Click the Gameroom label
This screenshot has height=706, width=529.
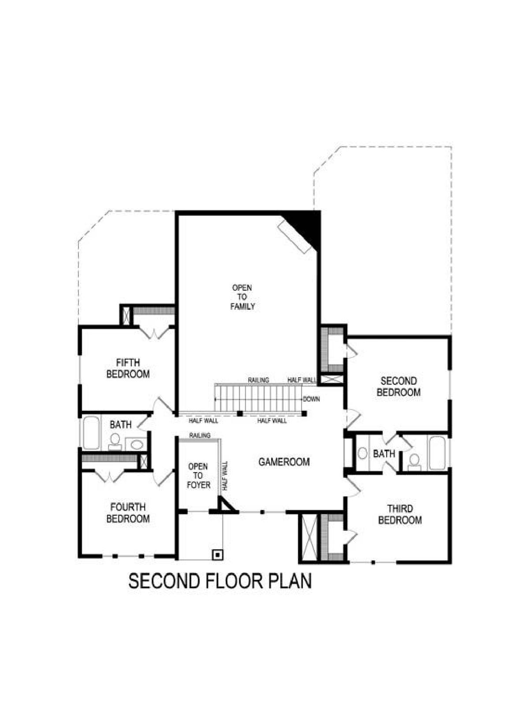click(284, 462)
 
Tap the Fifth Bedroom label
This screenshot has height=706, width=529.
click(128, 368)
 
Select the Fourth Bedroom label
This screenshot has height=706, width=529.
click(128, 513)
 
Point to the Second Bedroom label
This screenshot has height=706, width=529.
click(398, 387)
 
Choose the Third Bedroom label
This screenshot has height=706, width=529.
click(399, 514)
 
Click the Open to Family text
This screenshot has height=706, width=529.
click(242, 297)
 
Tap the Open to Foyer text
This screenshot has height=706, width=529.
click(198, 475)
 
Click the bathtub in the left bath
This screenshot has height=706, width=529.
click(91, 432)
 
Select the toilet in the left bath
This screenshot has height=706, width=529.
click(115, 441)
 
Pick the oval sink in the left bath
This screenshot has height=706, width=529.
click(137, 445)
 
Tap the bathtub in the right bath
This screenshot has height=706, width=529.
click(438, 453)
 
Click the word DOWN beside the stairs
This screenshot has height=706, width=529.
click(311, 399)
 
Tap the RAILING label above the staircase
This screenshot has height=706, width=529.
click(258, 380)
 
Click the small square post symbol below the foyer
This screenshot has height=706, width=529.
click(218, 554)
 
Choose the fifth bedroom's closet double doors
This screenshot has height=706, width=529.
click(156, 333)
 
